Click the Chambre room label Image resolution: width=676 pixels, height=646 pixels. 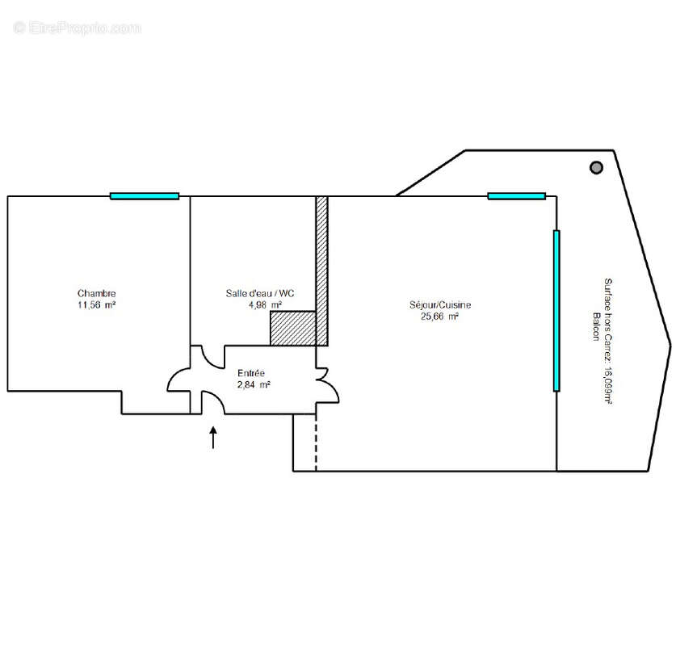[x=97, y=293]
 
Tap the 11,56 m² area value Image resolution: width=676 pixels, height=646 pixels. [x=97, y=304]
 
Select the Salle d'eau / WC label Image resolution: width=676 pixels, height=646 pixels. [x=260, y=293]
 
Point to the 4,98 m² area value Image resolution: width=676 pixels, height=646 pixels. [x=265, y=304]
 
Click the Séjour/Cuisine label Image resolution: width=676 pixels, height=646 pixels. [x=440, y=304]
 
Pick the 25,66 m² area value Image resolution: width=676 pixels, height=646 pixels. [x=439, y=317]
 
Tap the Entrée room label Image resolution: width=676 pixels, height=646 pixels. [x=251, y=373]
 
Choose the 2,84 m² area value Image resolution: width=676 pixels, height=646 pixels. [x=254, y=384]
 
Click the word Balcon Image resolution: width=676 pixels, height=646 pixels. [x=596, y=326]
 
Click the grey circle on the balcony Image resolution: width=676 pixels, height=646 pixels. [x=596, y=167]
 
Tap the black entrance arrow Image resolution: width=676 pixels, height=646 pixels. [x=213, y=438]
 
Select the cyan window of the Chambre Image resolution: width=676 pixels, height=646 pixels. [x=145, y=196]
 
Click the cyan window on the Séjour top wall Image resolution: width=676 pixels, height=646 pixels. [x=516, y=196]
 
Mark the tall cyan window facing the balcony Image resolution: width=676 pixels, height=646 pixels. [x=556, y=311]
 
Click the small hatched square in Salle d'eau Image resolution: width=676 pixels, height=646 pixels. [x=293, y=328]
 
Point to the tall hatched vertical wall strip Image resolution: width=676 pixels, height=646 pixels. [x=322, y=271]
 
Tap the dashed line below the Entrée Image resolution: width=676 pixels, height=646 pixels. [x=316, y=443]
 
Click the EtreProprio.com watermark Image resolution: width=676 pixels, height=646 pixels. [x=77, y=28]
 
